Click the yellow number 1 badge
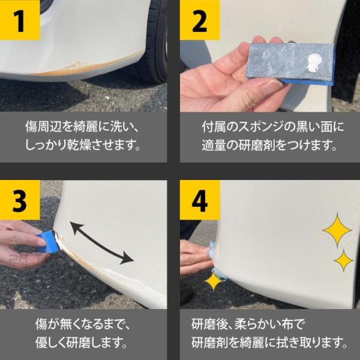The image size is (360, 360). [20, 20]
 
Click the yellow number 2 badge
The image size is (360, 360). [200, 20]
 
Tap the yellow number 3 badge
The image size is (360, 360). [20, 200]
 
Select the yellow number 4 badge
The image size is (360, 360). [200, 200]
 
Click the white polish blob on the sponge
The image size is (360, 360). [313, 62]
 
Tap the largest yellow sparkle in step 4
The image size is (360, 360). [337, 230]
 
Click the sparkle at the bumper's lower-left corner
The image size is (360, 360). [213, 281]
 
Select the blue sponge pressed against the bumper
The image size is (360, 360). [47, 242]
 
